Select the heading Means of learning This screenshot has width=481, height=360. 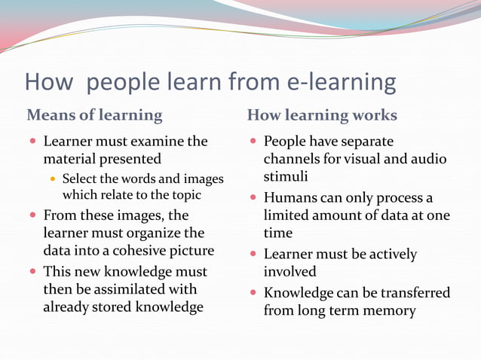click(x=94, y=115)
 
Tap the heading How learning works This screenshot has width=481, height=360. click(x=322, y=115)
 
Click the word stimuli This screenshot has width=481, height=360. click(x=284, y=178)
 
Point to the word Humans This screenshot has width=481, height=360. click(x=290, y=198)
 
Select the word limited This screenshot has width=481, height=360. click(x=288, y=216)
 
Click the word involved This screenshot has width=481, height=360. click(x=290, y=271)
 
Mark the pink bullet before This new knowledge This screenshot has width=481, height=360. click(x=34, y=271)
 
